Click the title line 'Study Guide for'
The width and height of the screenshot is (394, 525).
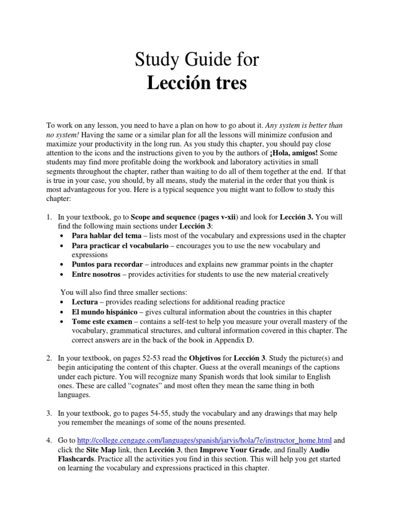pyautogui.click(x=197, y=60)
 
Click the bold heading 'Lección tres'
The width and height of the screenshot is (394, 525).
pyautogui.click(x=197, y=83)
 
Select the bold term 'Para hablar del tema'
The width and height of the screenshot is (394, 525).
pyautogui.click(x=106, y=236)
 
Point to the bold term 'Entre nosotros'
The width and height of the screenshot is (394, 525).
pyautogui.click(x=96, y=274)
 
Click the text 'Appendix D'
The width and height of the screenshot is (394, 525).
pyautogui.click(x=236, y=340)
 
